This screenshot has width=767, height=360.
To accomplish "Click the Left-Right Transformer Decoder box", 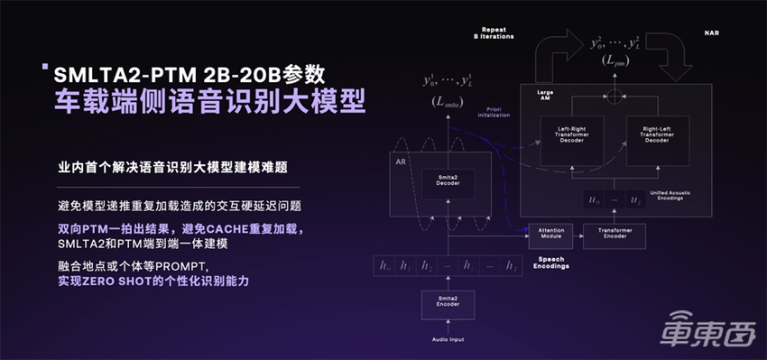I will click(571, 136).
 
